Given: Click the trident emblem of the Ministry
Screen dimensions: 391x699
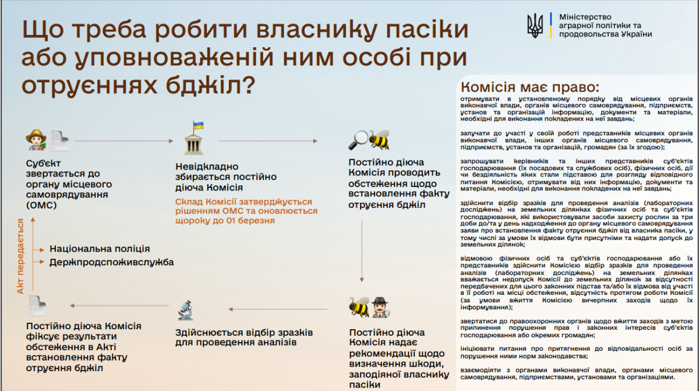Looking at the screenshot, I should (x=535, y=26).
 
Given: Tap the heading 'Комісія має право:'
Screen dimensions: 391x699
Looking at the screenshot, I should (x=529, y=87).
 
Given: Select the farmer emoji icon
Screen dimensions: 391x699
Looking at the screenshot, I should (x=36, y=140).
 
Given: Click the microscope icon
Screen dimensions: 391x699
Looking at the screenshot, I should (x=185, y=310).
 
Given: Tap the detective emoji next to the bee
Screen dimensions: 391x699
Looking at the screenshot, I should (x=380, y=307).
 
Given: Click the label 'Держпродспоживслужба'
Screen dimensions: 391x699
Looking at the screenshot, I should (x=111, y=262).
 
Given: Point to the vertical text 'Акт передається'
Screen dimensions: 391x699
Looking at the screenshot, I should (x=20, y=256).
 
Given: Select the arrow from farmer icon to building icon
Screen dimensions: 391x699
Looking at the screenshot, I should (x=125, y=140).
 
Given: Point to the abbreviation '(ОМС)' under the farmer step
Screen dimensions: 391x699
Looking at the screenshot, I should (x=40, y=205).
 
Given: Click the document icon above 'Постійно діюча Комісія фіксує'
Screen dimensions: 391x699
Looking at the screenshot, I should (x=37, y=306).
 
